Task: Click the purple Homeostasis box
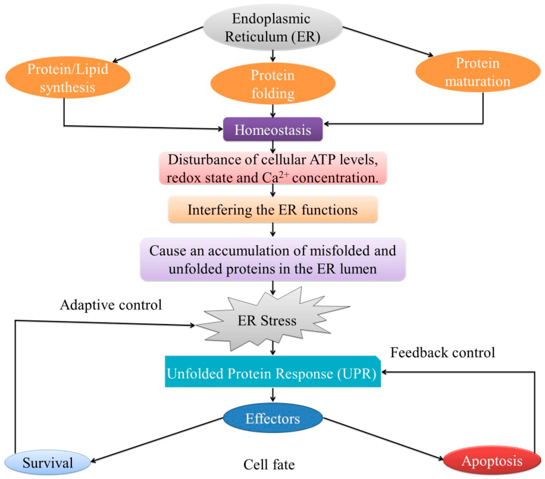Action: point(273,130)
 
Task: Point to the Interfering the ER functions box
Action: point(272,209)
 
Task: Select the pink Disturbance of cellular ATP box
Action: point(272,169)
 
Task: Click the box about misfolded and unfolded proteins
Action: point(272,259)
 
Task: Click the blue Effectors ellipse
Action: point(272,419)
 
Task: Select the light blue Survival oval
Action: point(47,463)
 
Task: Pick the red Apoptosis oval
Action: point(491,461)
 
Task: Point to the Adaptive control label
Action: point(111,305)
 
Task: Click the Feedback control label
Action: point(442,352)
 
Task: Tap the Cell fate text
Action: point(269,464)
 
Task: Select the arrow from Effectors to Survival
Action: point(154,440)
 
